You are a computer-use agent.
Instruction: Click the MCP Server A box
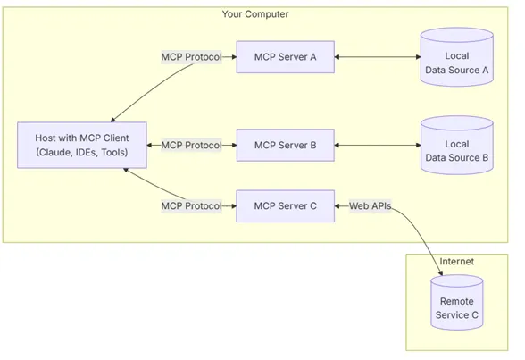(x=285, y=57)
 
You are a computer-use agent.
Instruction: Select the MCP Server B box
(x=285, y=145)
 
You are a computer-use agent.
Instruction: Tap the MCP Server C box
(x=285, y=205)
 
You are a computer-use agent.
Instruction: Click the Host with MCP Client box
(x=81, y=145)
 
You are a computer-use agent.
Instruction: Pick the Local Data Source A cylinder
(x=456, y=57)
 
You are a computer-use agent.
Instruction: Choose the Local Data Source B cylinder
(x=456, y=145)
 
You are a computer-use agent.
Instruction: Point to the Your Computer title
(x=255, y=14)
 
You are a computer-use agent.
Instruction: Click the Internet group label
(x=456, y=262)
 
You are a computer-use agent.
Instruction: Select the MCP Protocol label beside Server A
(x=191, y=57)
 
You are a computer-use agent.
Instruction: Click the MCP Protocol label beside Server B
(x=191, y=145)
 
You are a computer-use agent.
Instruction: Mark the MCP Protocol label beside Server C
(x=191, y=205)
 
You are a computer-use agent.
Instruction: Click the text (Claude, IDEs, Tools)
(x=81, y=153)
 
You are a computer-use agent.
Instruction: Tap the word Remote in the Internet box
(x=456, y=301)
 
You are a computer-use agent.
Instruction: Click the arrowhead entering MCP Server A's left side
(x=232, y=57)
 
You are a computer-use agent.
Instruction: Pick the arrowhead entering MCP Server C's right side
(x=338, y=205)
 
